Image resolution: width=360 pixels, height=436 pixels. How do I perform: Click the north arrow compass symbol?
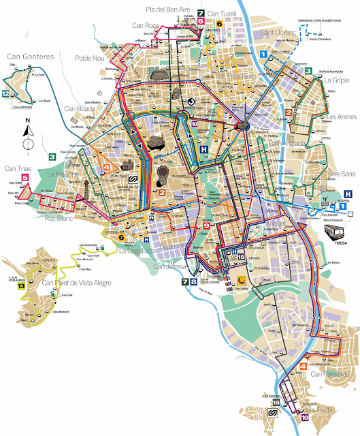click(27, 134)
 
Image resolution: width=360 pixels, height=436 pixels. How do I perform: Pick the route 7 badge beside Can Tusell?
click(201, 12)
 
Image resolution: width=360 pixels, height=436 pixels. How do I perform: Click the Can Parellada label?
click(330, 374)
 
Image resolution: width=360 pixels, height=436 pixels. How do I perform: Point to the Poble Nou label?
click(92, 58)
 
